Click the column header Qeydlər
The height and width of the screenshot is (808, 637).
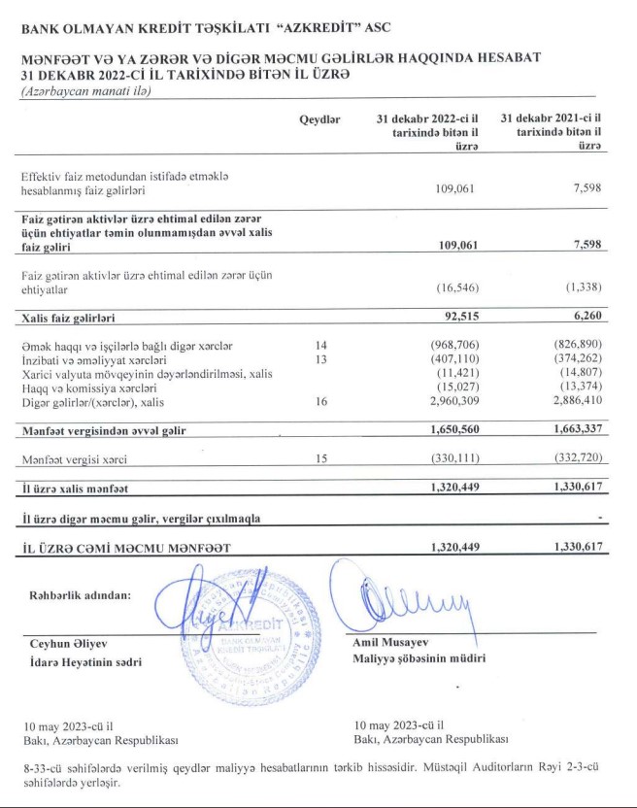pos(320,118)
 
